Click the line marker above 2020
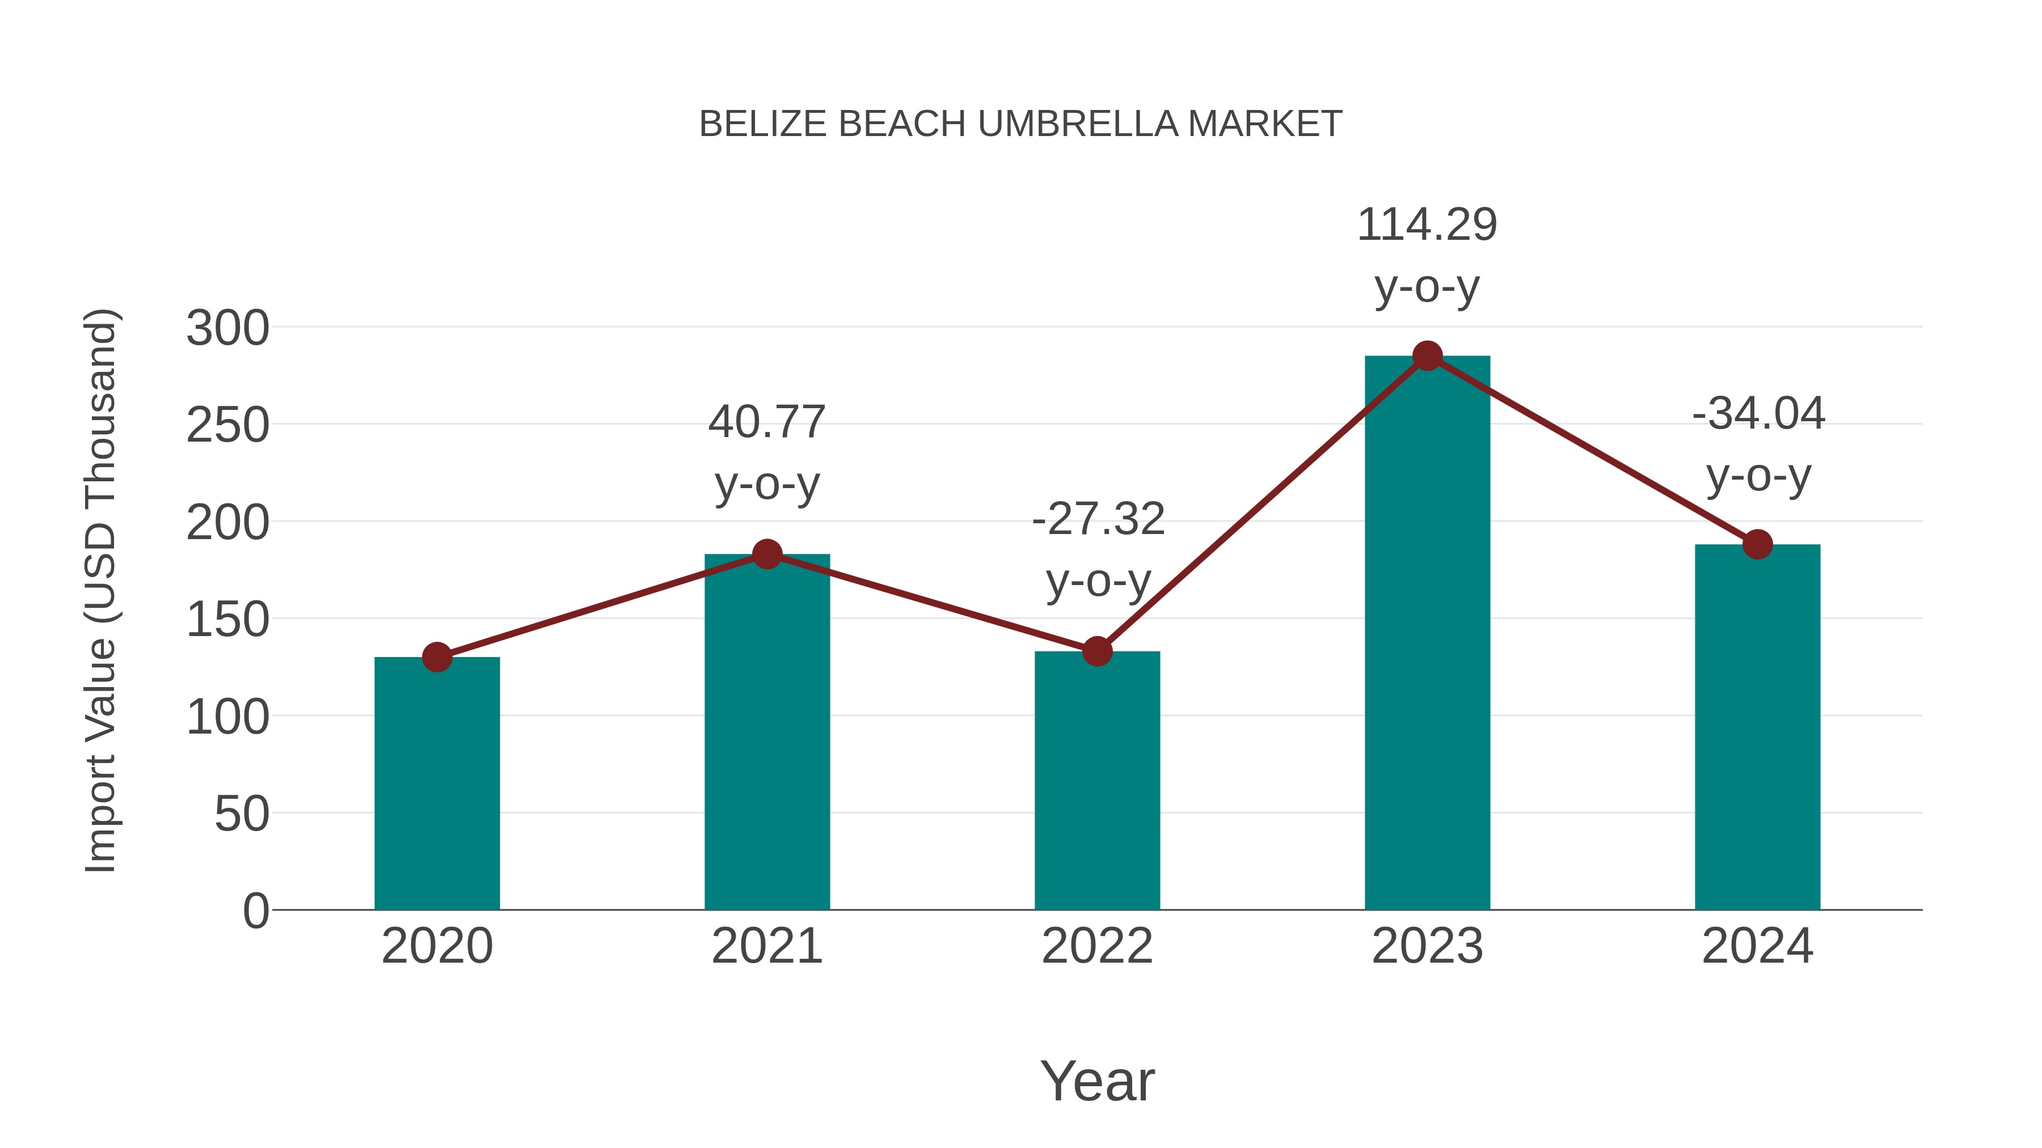437,657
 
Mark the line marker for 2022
1097,651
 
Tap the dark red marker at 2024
1757,544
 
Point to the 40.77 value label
766,422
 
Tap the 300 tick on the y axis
227,328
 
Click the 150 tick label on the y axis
227,620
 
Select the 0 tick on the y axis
255,910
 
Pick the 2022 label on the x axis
1097,946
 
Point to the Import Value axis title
100,590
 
